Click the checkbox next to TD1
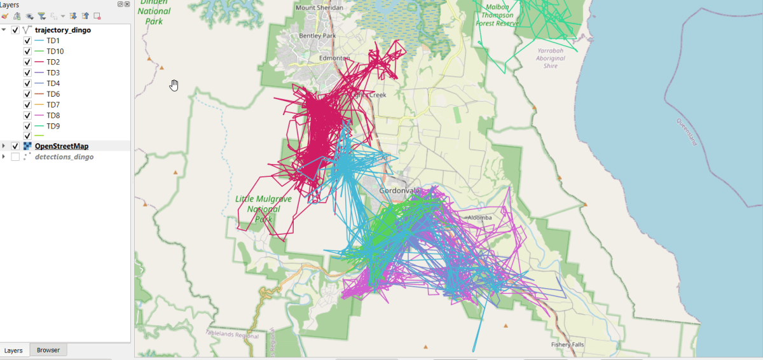(27, 41)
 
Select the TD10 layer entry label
(55, 52)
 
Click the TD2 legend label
(53, 62)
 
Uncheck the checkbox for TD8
(27, 116)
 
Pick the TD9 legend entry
(53, 126)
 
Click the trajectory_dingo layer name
(63, 30)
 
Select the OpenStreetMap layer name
(61, 146)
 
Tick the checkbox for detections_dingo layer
(15, 157)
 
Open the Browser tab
(48, 350)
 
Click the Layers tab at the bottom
(14, 350)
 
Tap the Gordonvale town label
(399, 191)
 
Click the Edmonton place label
(334, 58)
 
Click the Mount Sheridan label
(319, 8)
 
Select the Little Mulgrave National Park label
(263, 209)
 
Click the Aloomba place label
(479, 218)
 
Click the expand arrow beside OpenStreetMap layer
(4, 146)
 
